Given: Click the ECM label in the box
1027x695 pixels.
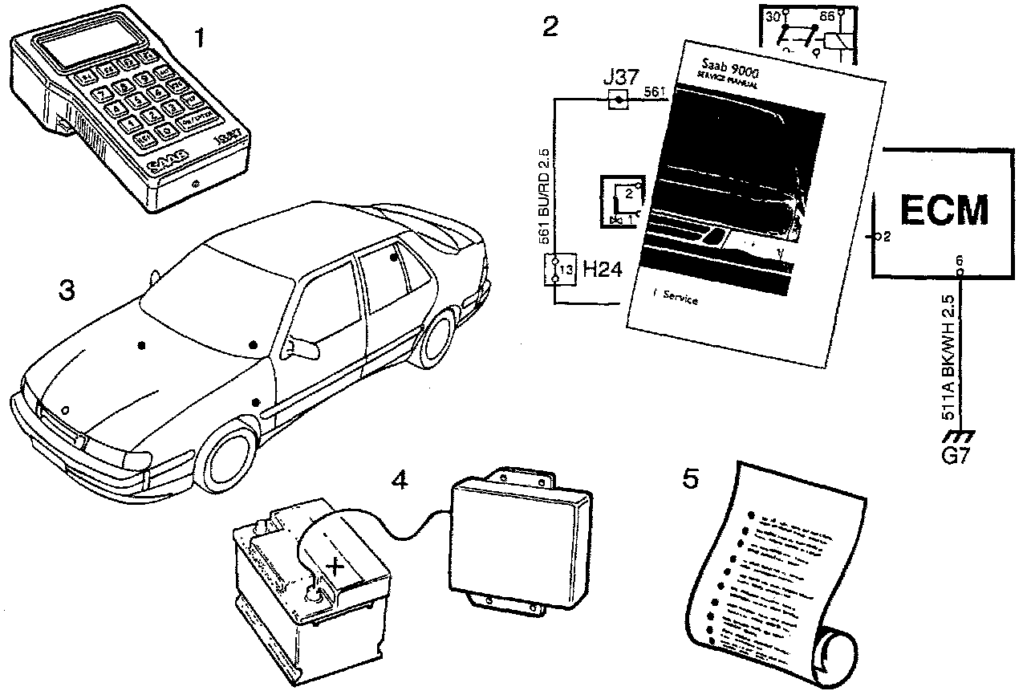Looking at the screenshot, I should (x=943, y=209).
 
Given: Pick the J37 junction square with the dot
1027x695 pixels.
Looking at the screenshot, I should (x=617, y=100).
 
